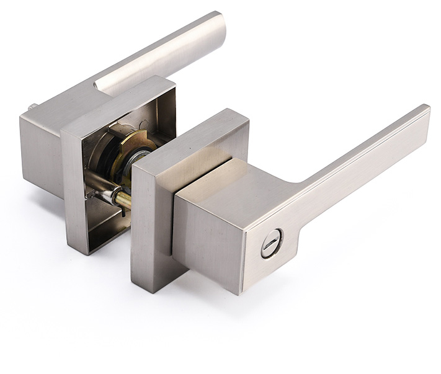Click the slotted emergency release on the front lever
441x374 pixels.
coord(271,242)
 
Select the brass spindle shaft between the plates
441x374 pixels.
coord(122,199)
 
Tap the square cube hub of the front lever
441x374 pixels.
coord(211,223)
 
